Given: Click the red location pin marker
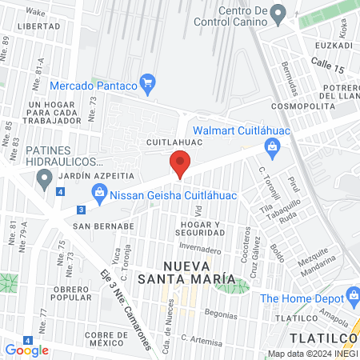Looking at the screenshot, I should point(180,163).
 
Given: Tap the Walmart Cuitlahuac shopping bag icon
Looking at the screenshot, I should point(273,146).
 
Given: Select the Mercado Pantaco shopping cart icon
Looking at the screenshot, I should point(146,82).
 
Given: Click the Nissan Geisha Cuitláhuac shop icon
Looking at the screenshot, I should point(99,191).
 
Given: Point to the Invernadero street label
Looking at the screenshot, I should point(199,249).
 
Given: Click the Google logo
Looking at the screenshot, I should point(27,350).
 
